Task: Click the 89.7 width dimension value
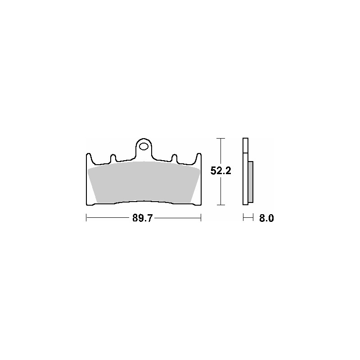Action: tap(143, 219)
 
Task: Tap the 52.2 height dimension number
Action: tap(220, 171)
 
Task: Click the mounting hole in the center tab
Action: tap(144, 146)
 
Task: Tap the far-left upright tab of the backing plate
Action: tap(88, 159)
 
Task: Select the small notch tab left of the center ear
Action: tap(113, 158)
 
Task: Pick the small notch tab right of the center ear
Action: tap(175, 158)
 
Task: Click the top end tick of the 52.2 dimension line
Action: tap(220, 138)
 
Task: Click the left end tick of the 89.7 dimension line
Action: tap(86, 218)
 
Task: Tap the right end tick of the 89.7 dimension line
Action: tap(201, 218)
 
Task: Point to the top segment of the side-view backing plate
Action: tap(245, 145)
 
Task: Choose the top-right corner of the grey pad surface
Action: tap(199, 170)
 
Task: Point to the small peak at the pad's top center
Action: tap(144, 162)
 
